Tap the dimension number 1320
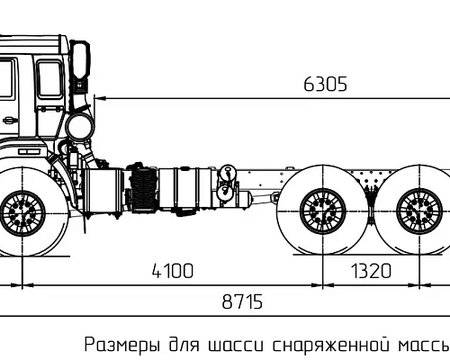[370, 271]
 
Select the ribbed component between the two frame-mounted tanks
[143, 192]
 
